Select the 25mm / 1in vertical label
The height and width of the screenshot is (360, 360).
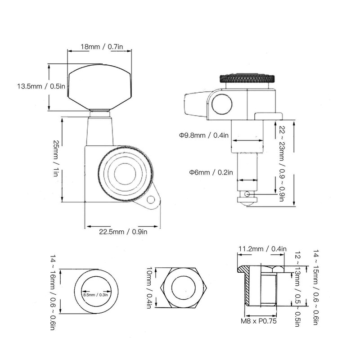[56, 158]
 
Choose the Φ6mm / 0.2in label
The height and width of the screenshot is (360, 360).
[211, 172]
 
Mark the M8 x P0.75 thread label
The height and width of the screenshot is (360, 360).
[258, 322]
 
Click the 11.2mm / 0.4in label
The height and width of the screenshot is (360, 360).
[262, 248]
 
